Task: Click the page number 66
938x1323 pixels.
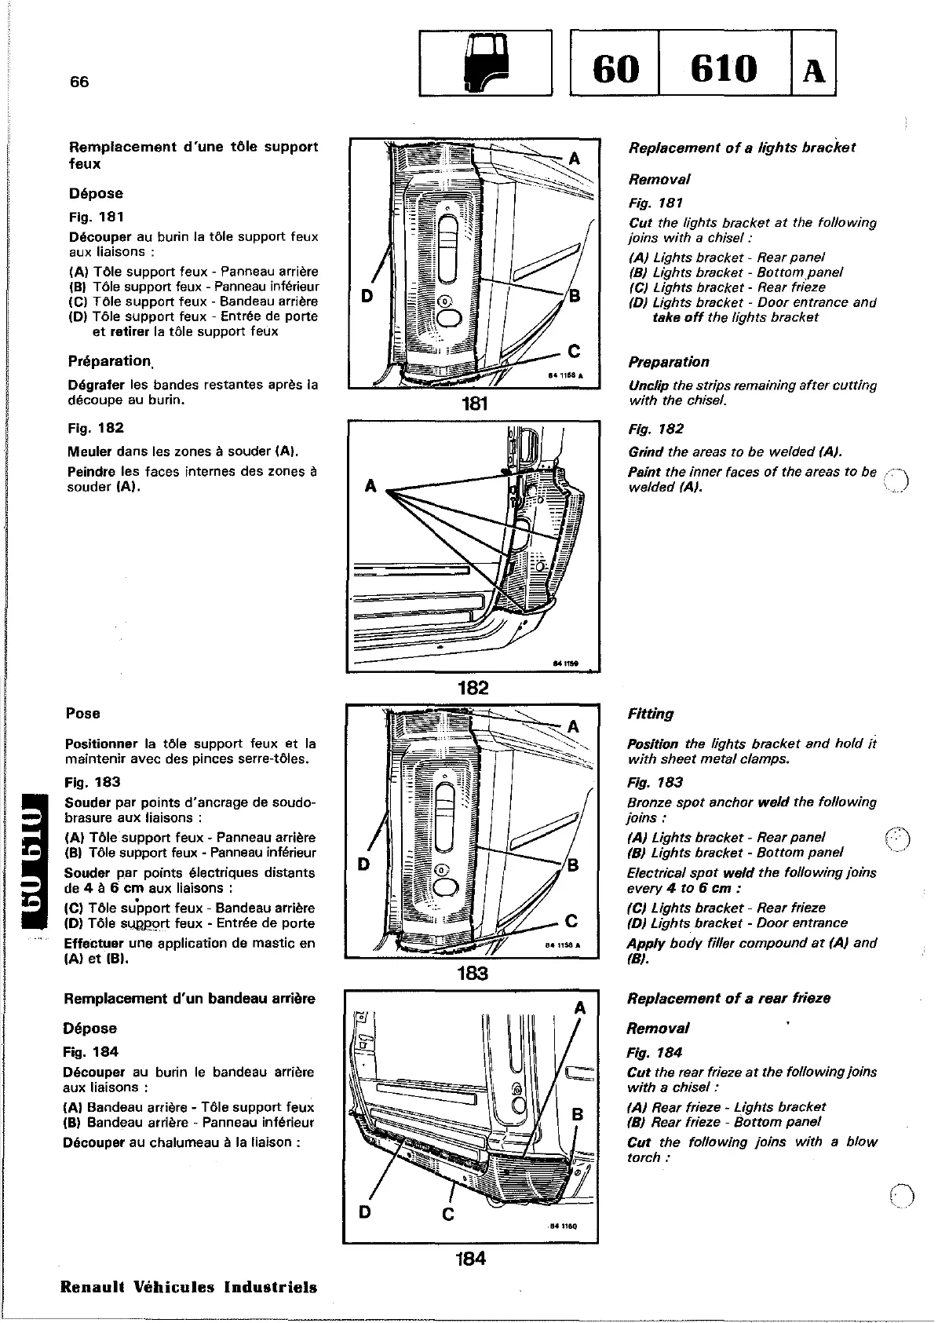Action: point(79,82)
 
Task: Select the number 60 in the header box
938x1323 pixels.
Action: point(616,68)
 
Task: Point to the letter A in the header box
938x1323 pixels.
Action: point(814,70)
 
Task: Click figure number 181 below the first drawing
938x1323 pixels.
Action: point(474,404)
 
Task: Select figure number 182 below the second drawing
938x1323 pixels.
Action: point(473,688)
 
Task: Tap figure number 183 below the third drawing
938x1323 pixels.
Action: point(473,974)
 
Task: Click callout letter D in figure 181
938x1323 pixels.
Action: point(366,297)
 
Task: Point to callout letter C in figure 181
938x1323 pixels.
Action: point(574,351)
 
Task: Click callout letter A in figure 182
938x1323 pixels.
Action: point(370,487)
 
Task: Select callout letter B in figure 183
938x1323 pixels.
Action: point(572,865)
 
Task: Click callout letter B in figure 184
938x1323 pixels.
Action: point(578,1114)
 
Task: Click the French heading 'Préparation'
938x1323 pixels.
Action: point(109,361)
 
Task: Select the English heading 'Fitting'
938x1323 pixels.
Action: point(650,714)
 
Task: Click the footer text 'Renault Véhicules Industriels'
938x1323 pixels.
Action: point(188,1287)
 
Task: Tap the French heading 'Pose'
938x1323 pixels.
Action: point(83,713)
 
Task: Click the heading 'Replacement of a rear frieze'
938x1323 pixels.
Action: point(728,998)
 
